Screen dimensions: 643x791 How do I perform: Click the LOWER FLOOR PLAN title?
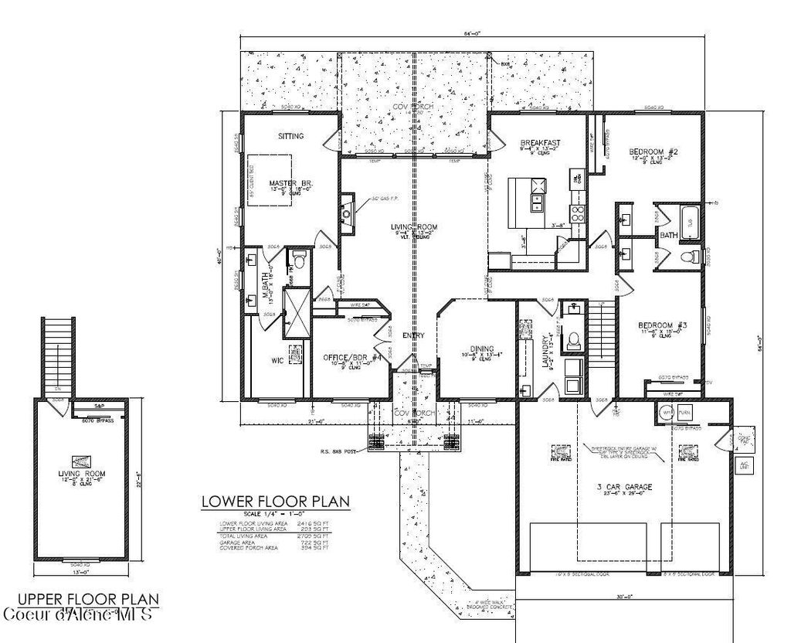(x=276, y=501)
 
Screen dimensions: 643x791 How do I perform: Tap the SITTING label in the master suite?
(x=290, y=136)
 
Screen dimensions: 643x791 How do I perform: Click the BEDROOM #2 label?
(x=653, y=152)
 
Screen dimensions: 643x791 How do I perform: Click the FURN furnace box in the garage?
(x=685, y=413)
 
